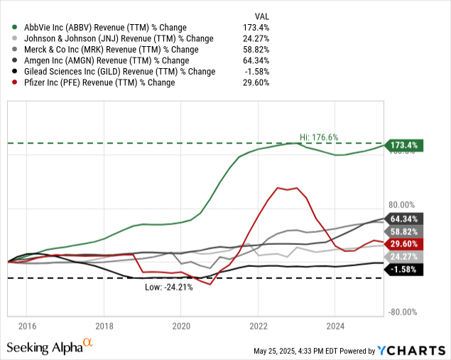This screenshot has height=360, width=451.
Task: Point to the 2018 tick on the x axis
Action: (104, 326)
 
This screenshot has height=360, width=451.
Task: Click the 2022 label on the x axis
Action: (259, 326)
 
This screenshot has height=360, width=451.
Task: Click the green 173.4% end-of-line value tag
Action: (405, 146)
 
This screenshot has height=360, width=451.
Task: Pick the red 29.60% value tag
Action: (405, 244)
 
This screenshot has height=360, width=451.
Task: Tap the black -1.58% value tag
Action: (405, 269)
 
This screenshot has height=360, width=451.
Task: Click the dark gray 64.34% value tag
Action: (405, 219)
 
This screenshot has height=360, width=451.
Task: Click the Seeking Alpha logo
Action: (50, 347)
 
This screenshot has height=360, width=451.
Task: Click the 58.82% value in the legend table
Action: (257, 49)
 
